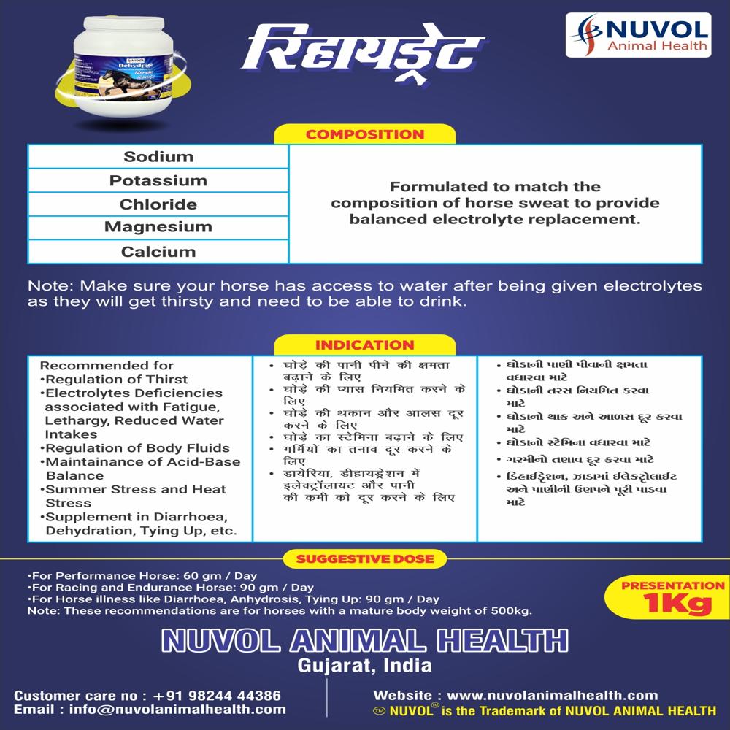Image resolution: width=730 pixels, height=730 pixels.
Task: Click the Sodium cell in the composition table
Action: [x=158, y=157]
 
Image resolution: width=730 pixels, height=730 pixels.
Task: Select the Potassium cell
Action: [x=158, y=180]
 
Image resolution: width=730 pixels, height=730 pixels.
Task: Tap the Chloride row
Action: [x=158, y=204]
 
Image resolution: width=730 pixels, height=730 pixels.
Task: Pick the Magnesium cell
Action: [x=158, y=227]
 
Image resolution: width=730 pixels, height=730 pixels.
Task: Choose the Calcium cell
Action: [x=158, y=252]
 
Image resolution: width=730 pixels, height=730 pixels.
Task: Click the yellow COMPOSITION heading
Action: [x=364, y=134]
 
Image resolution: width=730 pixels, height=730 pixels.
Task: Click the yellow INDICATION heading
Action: [x=364, y=345]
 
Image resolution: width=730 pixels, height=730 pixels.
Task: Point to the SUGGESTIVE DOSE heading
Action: [x=364, y=559]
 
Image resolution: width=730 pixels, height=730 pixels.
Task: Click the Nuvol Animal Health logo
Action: [x=637, y=35]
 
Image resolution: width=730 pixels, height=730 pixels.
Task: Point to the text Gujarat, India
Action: [x=364, y=666]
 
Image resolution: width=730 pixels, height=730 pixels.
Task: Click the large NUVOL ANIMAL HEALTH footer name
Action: [x=364, y=640]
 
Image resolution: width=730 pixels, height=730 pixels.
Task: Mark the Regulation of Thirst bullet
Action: [x=116, y=380]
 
